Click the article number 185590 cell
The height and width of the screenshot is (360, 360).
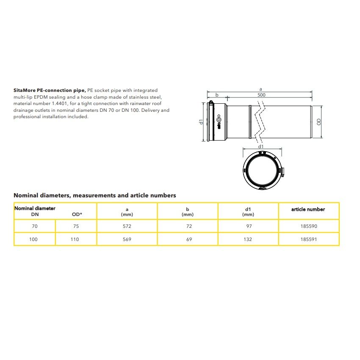[x=308, y=226]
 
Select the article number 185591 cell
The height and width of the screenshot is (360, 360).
[x=308, y=239]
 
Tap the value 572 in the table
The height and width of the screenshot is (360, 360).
[x=127, y=226]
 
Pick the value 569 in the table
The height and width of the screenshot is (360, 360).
[x=127, y=239]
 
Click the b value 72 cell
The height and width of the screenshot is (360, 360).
[x=188, y=226]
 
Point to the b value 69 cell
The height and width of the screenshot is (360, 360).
[x=188, y=239]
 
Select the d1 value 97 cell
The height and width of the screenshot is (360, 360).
[x=248, y=226]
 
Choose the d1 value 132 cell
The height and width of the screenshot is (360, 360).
[x=248, y=239]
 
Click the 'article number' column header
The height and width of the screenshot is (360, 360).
[x=308, y=209]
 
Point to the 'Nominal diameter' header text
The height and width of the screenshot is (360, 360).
[x=35, y=208]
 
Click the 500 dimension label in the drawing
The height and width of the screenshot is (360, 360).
[x=261, y=95]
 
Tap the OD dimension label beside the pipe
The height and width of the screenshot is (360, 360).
[x=318, y=122]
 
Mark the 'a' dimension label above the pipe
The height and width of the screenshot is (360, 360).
[x=260, y=89]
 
